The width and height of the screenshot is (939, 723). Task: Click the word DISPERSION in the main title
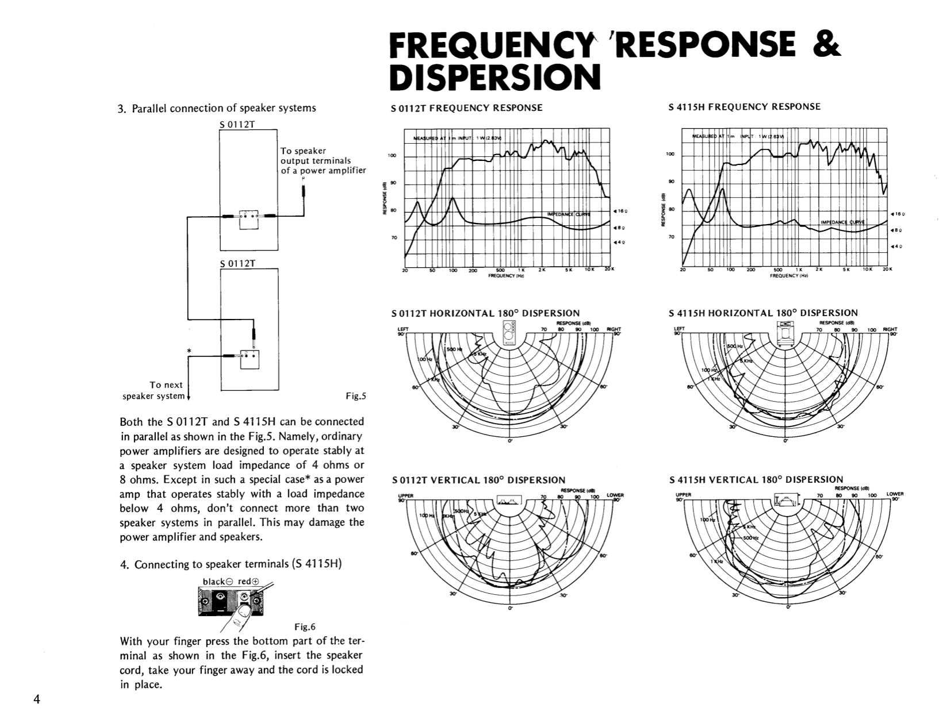tap(495, 78)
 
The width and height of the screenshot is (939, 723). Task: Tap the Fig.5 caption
tap(355, 395)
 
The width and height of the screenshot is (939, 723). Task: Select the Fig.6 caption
tap(305, 626)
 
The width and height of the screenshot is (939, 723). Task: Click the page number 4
tap(36, 699)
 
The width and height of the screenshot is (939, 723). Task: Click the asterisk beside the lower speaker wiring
tap(189, 350)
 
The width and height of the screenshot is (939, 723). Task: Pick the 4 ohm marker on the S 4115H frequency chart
tap(897, 247)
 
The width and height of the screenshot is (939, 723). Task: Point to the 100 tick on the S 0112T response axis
tap(392, 156)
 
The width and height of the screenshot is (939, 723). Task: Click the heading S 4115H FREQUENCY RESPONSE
tap(745, 107)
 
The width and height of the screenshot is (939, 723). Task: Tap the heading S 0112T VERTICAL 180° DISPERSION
tap(478, 480)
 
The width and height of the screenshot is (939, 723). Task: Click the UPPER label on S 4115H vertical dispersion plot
tap(682, 494)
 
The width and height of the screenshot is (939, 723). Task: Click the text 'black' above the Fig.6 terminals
tap(213, 582)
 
